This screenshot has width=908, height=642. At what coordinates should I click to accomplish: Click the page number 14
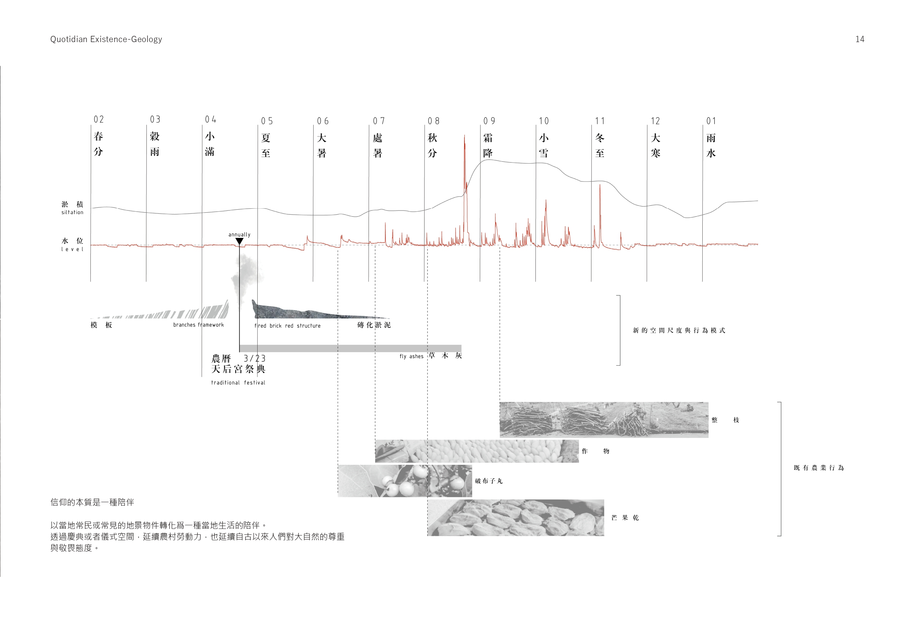click(x=859, y=39)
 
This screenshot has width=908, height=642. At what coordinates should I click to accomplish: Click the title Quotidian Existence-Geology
click(x=106, y=39)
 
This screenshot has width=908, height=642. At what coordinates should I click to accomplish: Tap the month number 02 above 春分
click(x=99, y=119)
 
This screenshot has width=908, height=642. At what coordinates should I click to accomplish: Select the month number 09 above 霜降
click(x=489, y=121)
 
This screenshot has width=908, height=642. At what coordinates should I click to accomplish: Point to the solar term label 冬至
click(x=599, y=146)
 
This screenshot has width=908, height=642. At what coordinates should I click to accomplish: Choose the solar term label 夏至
click(x=266, y=146)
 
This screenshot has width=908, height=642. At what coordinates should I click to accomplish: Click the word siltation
click(x=72, y=212)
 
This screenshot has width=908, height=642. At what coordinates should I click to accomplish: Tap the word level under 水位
click(x=72, y=249)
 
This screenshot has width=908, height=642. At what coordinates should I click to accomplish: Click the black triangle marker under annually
click(x=239, y=241)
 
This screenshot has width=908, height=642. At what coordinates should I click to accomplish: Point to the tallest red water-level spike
click(x=465, y=137)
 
